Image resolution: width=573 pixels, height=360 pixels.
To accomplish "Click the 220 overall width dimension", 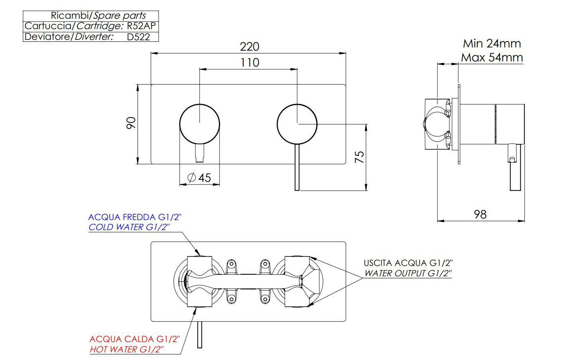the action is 249,47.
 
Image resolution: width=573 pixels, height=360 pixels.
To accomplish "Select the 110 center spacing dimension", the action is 250,63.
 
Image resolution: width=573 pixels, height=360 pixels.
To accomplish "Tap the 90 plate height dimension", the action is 131,123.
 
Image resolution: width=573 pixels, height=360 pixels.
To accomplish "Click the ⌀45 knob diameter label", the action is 199,177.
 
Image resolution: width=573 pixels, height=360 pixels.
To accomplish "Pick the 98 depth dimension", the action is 480,214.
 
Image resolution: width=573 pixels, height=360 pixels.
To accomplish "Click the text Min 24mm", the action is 492,43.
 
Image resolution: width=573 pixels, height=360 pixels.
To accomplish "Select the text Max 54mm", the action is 492,57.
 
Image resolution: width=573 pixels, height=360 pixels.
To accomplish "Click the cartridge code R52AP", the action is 141,26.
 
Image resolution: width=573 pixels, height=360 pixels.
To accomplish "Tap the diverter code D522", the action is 138,37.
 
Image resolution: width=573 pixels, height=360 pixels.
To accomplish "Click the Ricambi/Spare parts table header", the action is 98,16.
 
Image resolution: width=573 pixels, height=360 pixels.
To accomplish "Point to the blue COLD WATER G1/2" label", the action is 129,227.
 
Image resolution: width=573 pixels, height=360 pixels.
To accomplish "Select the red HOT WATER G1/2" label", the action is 127,349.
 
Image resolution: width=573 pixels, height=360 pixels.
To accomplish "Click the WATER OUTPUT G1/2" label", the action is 408,273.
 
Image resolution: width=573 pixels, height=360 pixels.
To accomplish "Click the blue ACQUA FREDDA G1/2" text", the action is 134,217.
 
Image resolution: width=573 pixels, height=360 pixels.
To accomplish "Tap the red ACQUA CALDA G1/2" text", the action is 135,339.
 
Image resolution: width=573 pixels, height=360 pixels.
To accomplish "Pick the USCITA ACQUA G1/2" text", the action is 408,263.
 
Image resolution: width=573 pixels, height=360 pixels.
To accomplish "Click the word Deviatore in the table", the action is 47,37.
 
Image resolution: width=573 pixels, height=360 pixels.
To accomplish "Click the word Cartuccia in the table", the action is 48,26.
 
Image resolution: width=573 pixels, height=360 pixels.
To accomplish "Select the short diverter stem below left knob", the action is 199,153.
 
